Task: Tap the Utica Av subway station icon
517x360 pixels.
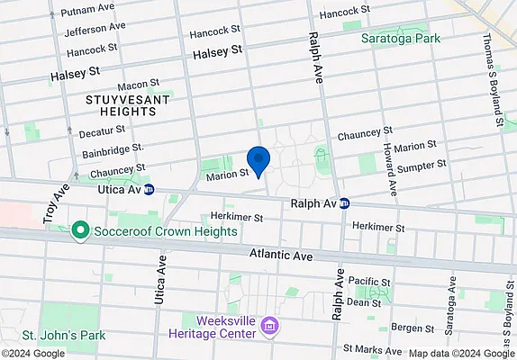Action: point(149,190)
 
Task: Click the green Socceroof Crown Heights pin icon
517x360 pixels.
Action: point(79,231)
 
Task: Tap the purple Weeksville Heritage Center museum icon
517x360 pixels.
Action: point(268,325)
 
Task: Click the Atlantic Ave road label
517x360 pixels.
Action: point(282,256)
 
